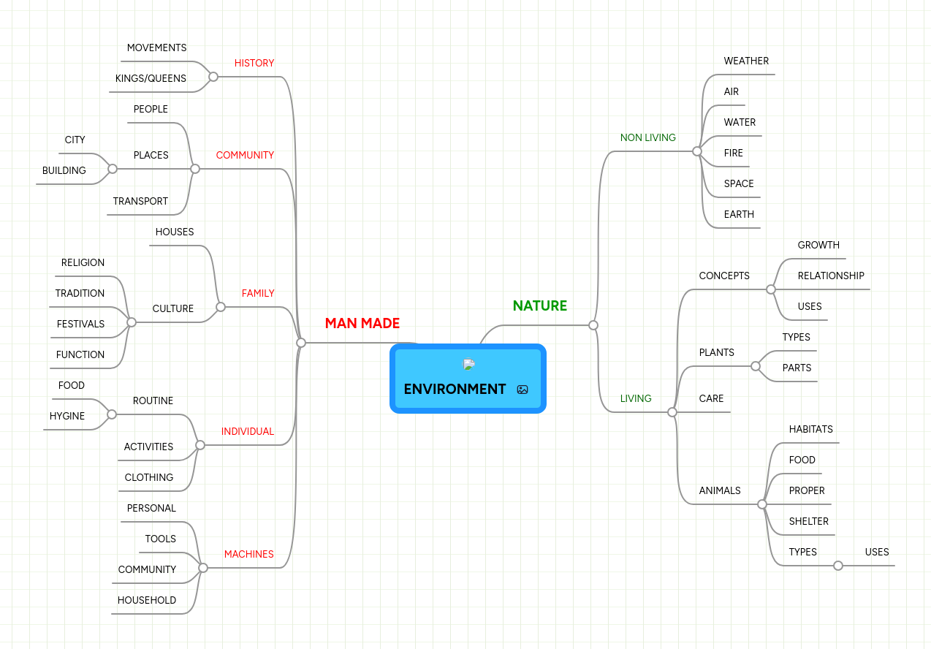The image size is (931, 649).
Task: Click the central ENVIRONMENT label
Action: tap(455, 389)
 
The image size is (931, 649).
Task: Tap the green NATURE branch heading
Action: tap(539, 306)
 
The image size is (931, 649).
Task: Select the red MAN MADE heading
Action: tap(362, 324)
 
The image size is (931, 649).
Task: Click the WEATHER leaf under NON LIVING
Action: tap(746, 61)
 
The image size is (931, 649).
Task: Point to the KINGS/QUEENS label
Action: tap(151, 78)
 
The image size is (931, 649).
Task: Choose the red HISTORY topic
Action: tap(254, 64)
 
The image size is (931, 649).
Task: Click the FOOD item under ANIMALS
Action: tap(802, 460)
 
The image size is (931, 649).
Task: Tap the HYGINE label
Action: tap(67, 417)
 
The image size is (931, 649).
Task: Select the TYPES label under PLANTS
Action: tap(796, 338)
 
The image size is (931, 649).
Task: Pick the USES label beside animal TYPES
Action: tap(877, 553)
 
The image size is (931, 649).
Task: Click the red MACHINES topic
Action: tap(249, 555)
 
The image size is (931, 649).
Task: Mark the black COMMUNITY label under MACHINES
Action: tap(147, 570)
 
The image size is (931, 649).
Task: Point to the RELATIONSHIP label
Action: tap(831, 276)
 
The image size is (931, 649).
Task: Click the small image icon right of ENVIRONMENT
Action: tap(522, 390)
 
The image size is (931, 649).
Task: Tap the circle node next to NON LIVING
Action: tap(697, 151)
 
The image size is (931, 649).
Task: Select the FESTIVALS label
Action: tap(80, 324)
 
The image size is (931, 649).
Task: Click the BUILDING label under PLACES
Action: tap(64, 171)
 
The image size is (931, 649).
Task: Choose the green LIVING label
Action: tap(636, 399)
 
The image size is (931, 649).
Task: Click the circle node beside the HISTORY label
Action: tap(213, 77)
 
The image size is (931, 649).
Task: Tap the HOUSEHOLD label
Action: tap(147, 601)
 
